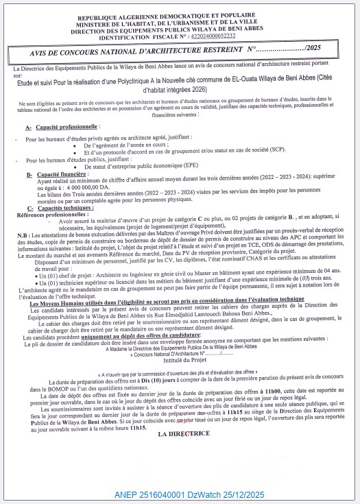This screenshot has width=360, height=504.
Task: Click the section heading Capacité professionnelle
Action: click(65, 128)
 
